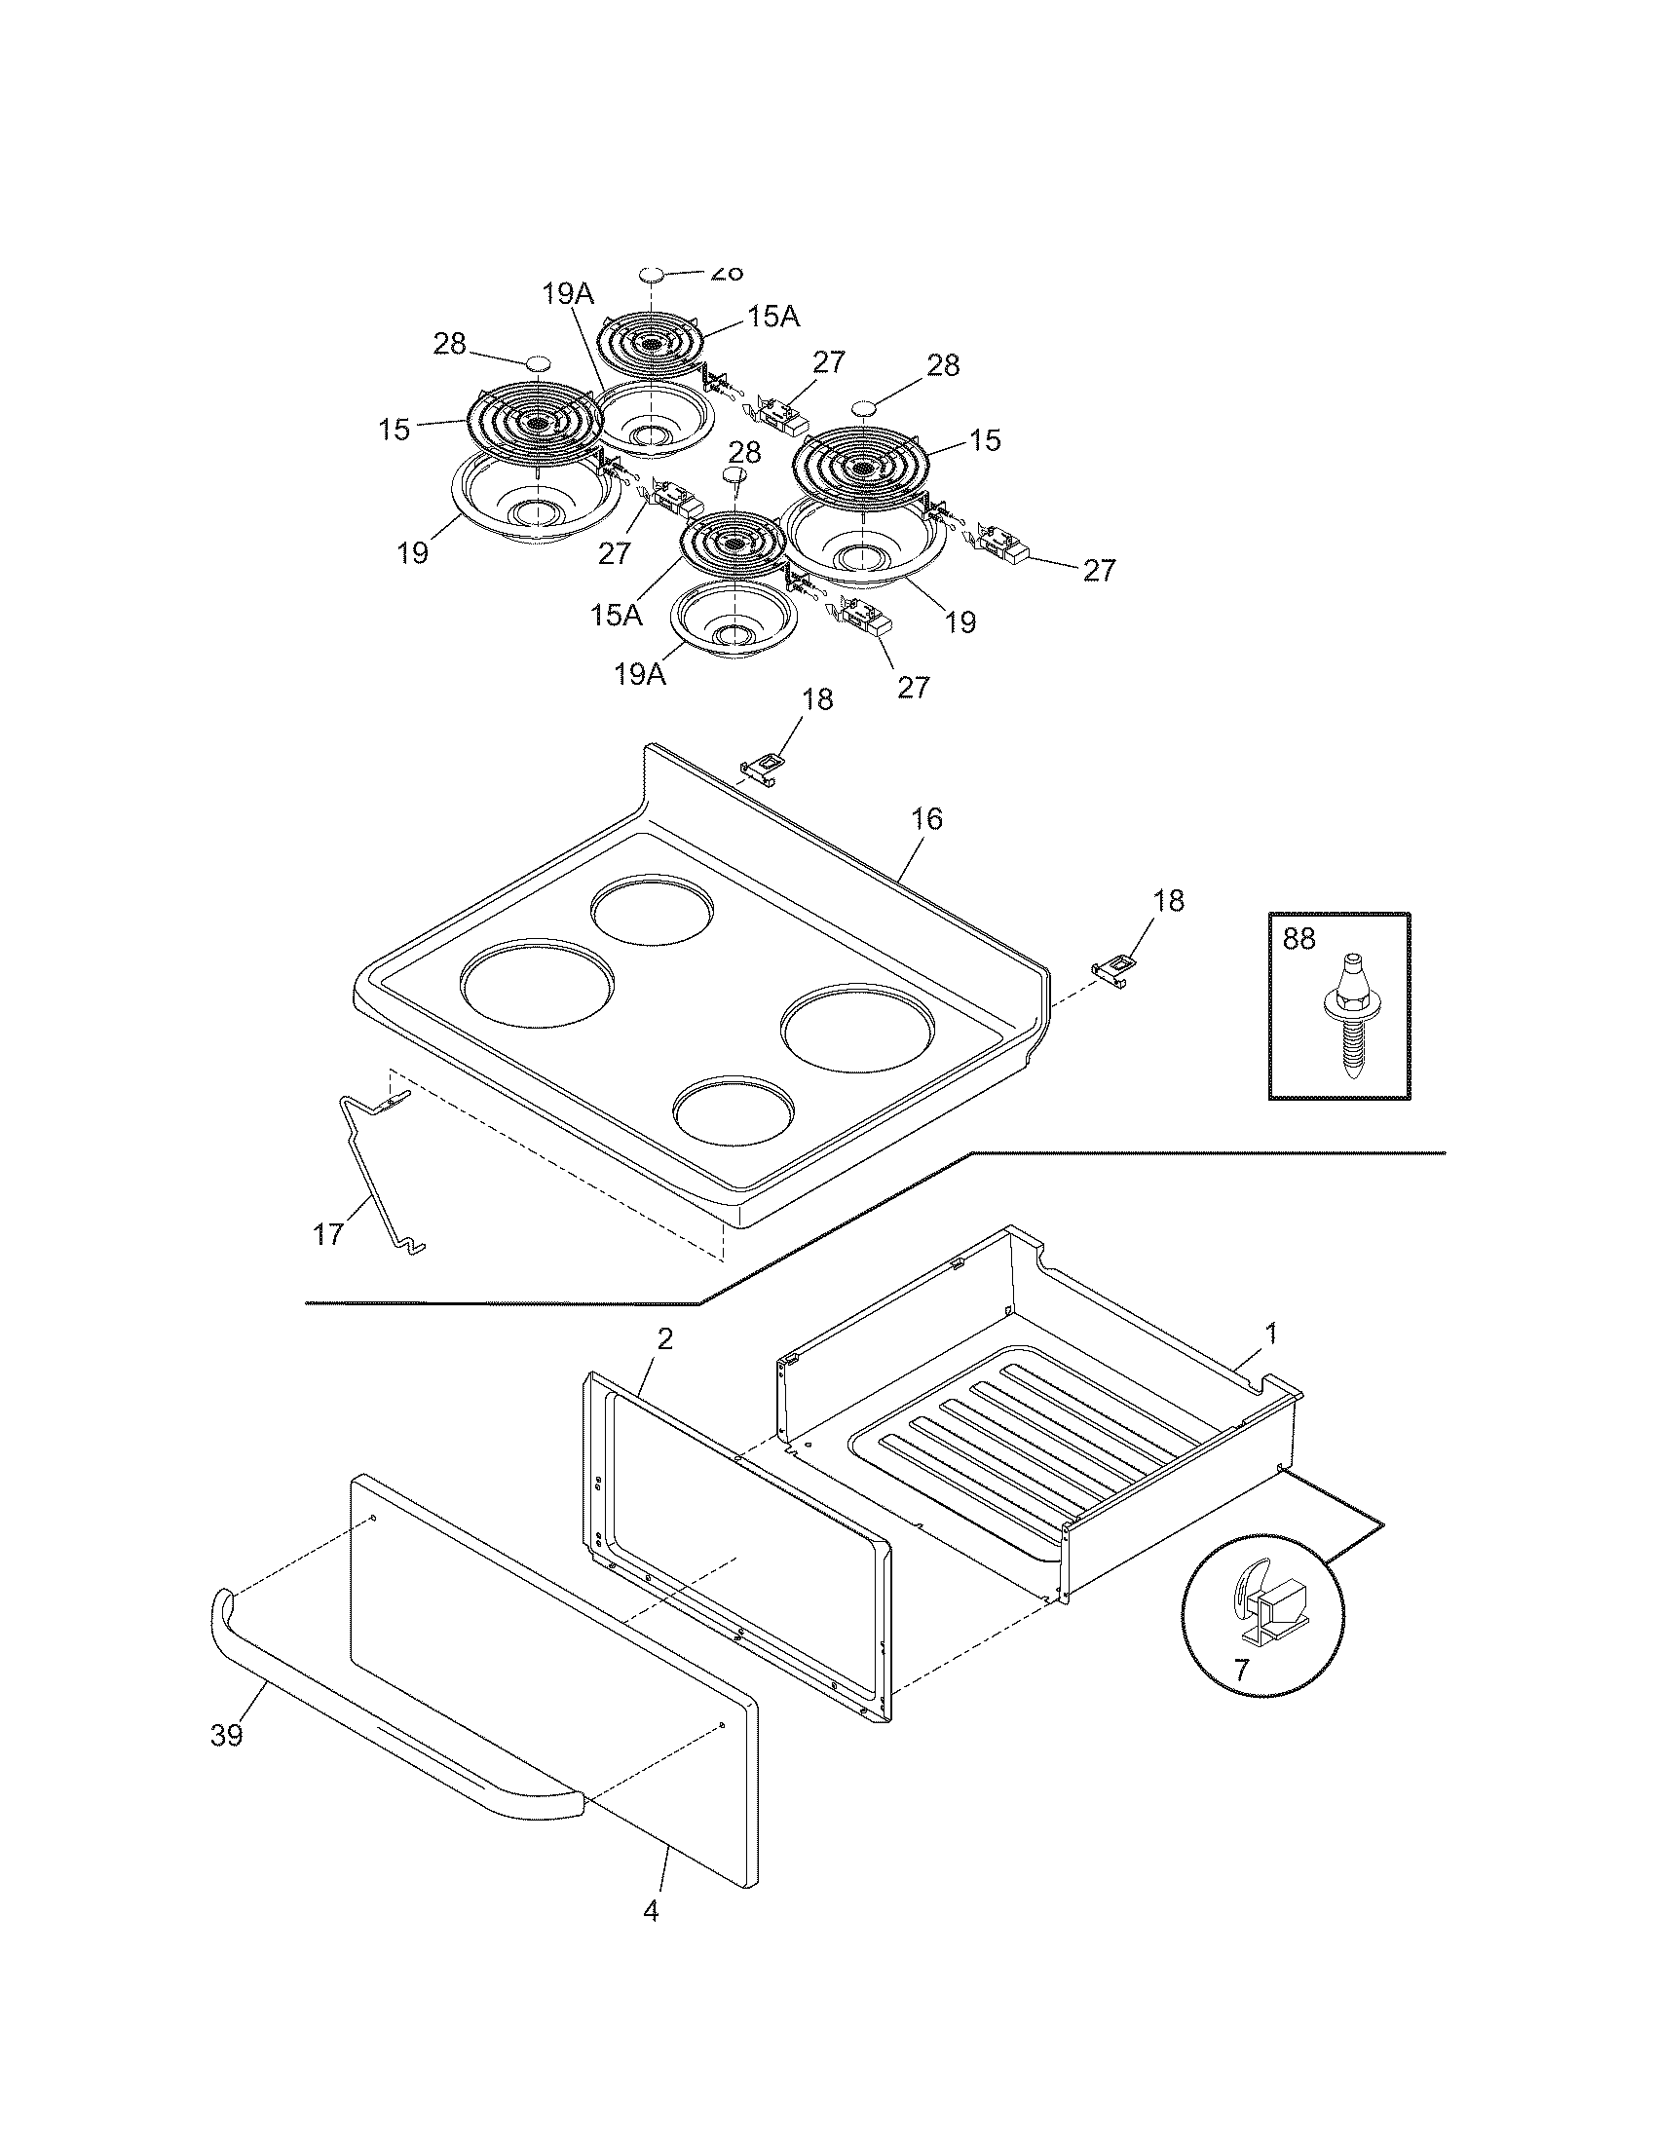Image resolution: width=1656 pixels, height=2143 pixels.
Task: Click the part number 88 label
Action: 1298,939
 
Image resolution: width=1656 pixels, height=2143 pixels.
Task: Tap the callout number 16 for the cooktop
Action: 927,818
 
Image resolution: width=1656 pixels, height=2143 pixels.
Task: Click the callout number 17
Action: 328,1233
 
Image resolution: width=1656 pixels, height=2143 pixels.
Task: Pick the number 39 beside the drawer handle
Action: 226,1736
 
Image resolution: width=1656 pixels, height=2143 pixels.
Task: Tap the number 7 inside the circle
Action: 1241,1668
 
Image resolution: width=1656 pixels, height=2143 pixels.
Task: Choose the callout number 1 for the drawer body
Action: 1271,1334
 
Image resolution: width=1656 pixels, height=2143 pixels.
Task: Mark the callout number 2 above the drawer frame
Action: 664,1339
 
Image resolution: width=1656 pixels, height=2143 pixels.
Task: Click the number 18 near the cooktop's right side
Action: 1168,901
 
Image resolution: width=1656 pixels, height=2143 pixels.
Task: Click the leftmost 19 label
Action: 413,553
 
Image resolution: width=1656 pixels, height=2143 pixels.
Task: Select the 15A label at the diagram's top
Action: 773,316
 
